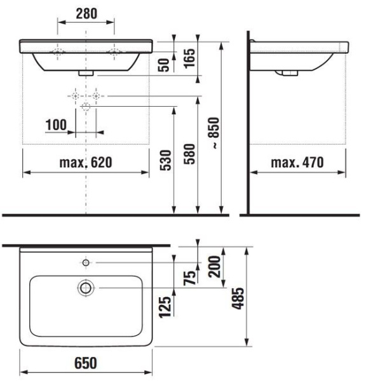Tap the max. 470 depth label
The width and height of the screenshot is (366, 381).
[x=297, y=163]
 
